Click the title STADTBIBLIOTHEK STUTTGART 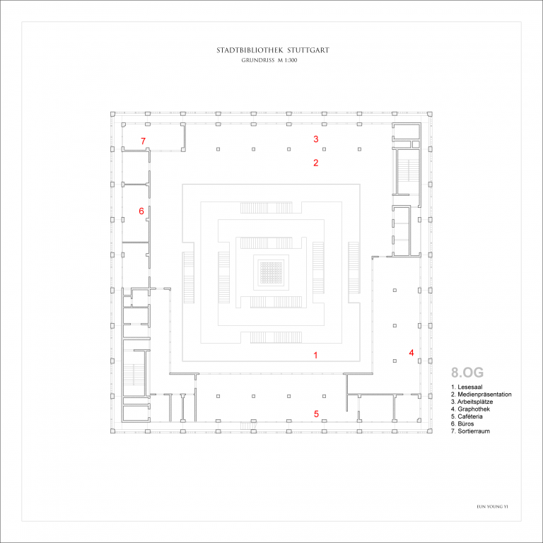pos(272,51)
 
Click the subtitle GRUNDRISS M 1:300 pos(271,61)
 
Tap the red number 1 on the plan pos(316,355)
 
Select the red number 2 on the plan pos(316,163)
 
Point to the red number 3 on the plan pos(316,139)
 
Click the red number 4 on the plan pos(411,352)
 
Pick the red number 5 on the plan pos(316,414)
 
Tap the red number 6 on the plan pos(141,211)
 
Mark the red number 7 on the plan pos(143,141)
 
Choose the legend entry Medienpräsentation pos(481,395)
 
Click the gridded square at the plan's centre pos(271,271)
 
